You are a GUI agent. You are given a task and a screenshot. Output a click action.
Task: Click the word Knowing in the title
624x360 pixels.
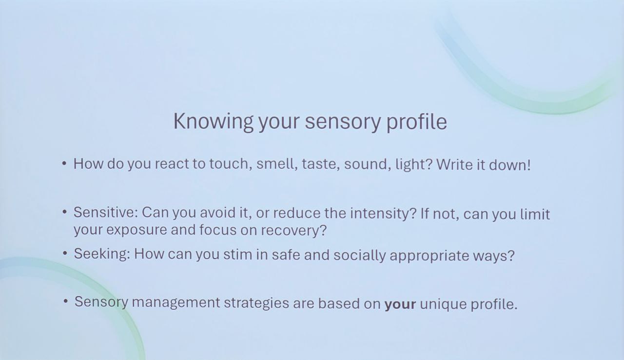(214, 122)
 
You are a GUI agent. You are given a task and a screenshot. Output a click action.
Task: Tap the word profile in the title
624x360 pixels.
(417, 122)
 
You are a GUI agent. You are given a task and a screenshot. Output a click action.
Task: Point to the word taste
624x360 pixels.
(321, 164)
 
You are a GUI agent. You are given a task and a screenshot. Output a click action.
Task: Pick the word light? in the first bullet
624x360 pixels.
(414, 164)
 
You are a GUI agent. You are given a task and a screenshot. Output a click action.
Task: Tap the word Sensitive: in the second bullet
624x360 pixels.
(106, 212)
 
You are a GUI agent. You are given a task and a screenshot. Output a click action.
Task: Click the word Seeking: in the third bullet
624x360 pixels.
(102, 255)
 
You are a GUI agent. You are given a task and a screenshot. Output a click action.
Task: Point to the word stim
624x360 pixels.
(237, 255)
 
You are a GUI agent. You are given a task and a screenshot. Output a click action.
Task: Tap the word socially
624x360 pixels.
(359, 256)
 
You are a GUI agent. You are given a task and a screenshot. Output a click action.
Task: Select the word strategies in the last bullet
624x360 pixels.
(256, 303)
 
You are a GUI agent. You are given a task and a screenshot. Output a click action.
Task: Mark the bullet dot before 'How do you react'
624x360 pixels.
(64, 163)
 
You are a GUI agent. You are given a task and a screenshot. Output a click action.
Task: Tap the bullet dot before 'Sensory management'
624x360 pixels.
(65, 301)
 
